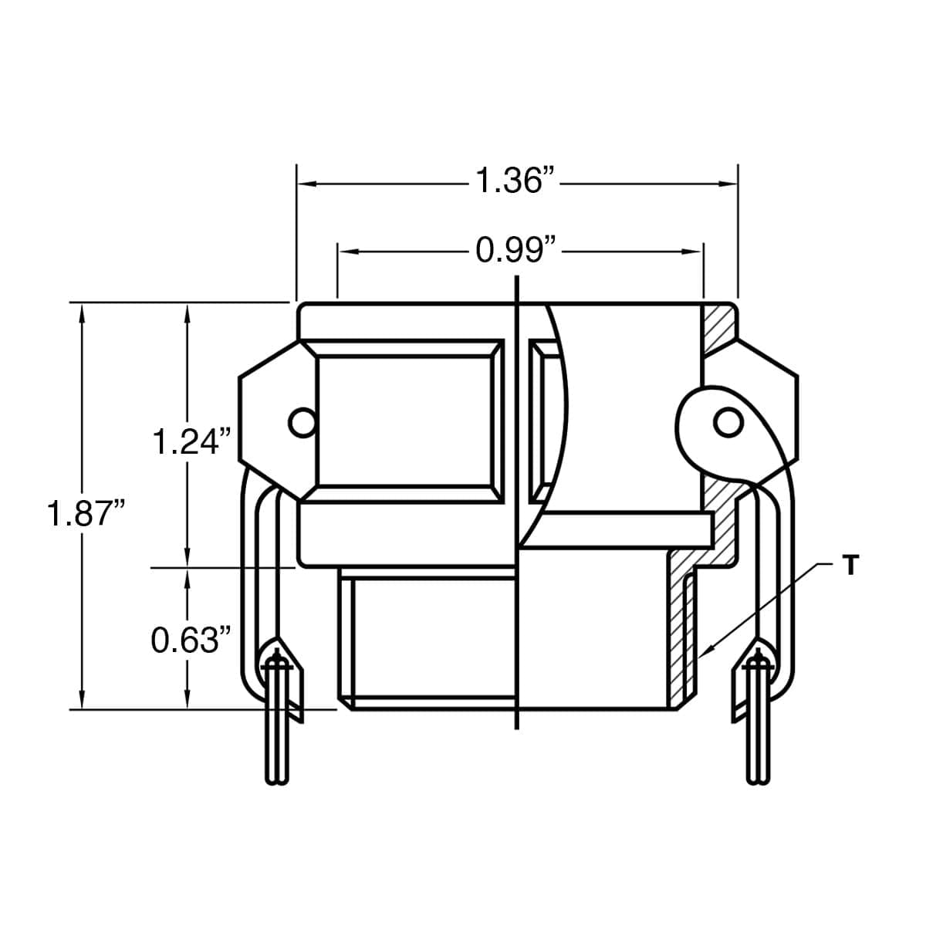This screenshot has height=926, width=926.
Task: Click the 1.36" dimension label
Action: (x=515, y=182)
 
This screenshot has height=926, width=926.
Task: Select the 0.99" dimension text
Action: (x=515, y=250)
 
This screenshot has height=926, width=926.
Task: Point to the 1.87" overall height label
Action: (x=86, y=513)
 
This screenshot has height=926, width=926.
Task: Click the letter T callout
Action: (x=850, y=566)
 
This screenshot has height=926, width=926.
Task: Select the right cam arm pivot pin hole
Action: (x=727, y=421)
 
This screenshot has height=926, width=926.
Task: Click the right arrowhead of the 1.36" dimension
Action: (x=728, y=184)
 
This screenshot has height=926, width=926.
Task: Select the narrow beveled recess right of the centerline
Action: (x=544, y=421)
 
